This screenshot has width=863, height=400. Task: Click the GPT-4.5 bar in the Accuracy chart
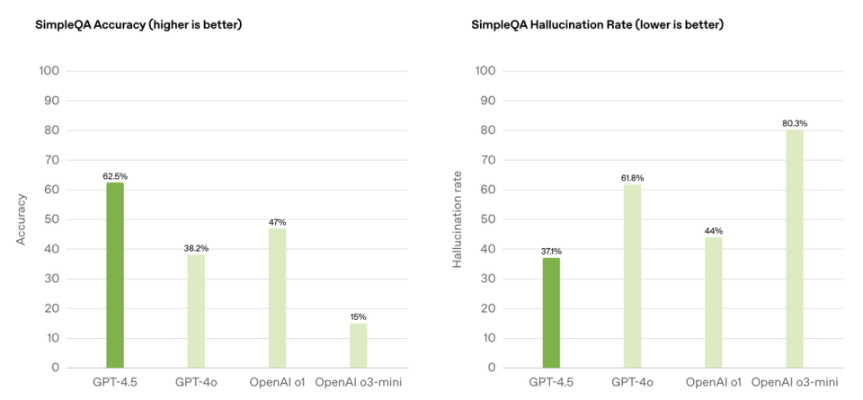pyautogui.click(x=115, y=275)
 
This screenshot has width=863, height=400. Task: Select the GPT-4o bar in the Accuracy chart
pyautogui.click(x=196, y=311)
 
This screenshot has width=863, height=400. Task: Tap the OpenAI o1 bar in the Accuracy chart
pyautogui.click(x=277, y=298)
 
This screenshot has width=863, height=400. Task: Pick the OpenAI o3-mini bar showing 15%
pyautogui.click(x=358, y=345)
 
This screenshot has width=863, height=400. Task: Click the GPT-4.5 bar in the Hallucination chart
pyautogui.click(x=551, y=313)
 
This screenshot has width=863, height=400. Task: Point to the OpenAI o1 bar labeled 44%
pyautogui.click(x=713, y=302)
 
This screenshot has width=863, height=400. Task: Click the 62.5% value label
pyautogui.click(x=115, y=176)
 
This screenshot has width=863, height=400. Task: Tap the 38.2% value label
pyautogui.click(x=196, y=248)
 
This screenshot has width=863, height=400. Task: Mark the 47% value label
pyautogui.click(x=277, y=222)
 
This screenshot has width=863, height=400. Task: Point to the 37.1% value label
pyautogui.click(x=551, y=252)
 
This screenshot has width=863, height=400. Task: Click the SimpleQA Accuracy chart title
pyautogui.click(x=138, y=24)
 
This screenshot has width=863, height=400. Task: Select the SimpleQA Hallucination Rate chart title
pyautogui.click(x=597, y=24)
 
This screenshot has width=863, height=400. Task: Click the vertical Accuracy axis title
pyautogui.click(x=21, y=218)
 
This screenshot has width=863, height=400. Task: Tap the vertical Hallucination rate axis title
pyautogui.click(x=457, y=218)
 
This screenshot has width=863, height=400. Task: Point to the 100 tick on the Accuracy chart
pyautogui.click(x=49, y=71)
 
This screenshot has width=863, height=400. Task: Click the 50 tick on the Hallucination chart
pyautogui.click(x=485, y=219)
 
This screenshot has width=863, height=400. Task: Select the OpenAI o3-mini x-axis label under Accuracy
pyautogui.click(x=358, y=383)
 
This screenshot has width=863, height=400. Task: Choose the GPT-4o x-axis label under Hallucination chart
pyautogui.click(x=632, y=383)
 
